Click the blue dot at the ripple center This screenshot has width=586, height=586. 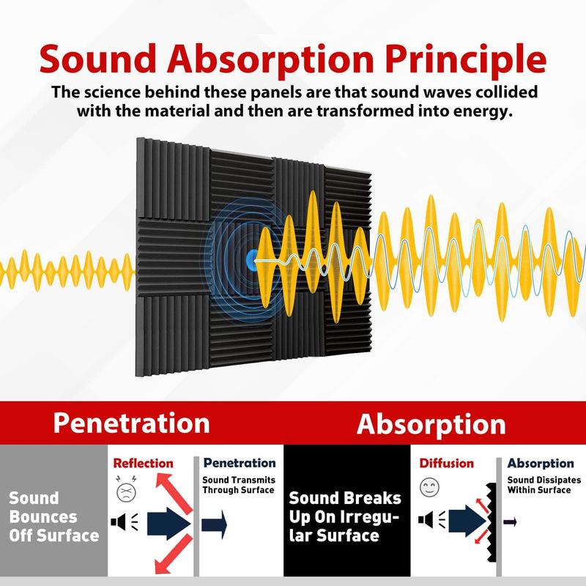tap(251, 258)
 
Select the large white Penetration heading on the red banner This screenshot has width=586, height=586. tap(131, 423)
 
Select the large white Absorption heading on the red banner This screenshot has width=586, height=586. tap(431, 424)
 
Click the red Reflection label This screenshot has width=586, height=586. tap(143, 463)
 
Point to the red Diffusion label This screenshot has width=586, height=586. tap(446, 463)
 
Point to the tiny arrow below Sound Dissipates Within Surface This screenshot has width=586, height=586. tap(511, 522)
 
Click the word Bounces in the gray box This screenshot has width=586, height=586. tap(42, 517)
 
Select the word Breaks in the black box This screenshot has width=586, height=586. tap(374, 499)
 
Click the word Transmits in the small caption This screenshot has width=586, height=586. tap(242, 479)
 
